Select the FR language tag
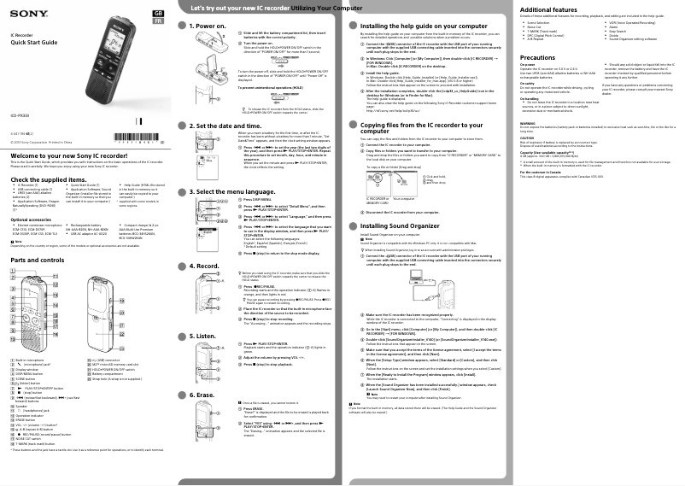[157, 22]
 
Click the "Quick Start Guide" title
[33, 43]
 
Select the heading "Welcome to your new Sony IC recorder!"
[65, 155]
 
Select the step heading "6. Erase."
[203, 395]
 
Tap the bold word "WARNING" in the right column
[529, 126]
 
